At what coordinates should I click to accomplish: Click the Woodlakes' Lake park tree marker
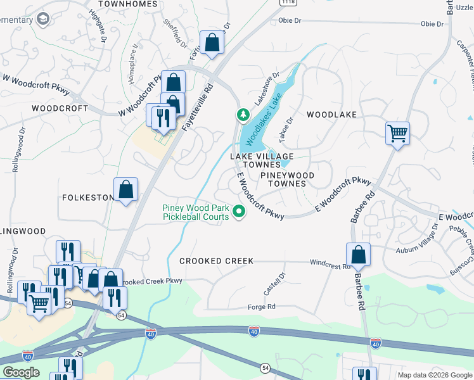point(242,115)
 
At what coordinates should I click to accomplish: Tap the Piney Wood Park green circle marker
point(239,212)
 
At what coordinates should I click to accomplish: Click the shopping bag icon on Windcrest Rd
point(358,255)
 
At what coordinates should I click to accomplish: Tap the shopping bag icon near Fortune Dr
point(212,43)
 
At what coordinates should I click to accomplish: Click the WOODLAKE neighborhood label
point(331,115)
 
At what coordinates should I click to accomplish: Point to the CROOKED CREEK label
point(216,261)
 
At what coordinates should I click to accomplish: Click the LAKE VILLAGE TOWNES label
point(262,160)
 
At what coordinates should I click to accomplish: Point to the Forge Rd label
point(262,307)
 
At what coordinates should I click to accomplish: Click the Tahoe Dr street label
point(286,129)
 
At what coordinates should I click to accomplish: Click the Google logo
point(20,372)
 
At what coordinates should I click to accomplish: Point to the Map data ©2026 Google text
point(435,375)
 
